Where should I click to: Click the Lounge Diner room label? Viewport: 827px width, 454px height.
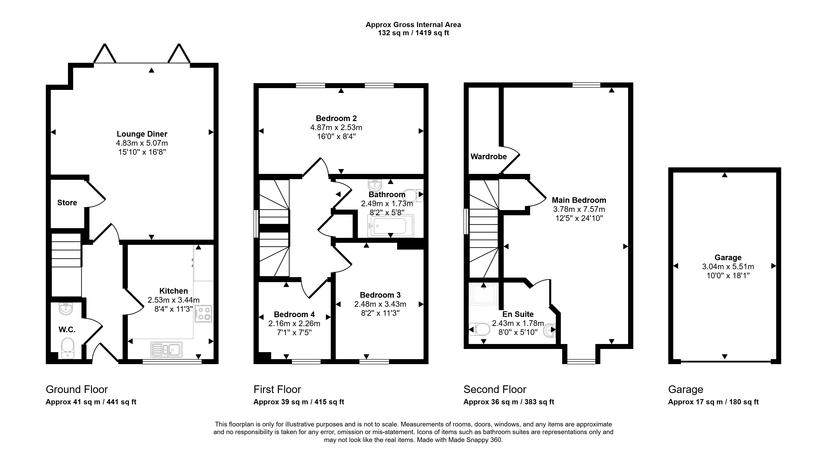tap(142, 134)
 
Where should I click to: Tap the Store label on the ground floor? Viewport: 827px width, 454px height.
tap(67, 203)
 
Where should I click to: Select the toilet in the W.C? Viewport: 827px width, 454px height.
tap(68, 348)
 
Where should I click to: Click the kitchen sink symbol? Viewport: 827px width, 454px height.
tap(166, 349)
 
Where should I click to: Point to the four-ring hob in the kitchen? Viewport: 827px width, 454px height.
tap(203, 314)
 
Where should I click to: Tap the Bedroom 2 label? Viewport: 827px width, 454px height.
tap(336, 119)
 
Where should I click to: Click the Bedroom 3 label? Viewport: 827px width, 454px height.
tap(380, 295)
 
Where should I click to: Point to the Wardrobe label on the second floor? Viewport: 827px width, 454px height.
tap(489, 157)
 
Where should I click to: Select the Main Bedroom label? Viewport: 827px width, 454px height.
tap(579, 200)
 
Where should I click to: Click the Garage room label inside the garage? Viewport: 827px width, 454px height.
tap(728, 257)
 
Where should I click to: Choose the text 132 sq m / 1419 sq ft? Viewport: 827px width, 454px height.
tap(414, 33)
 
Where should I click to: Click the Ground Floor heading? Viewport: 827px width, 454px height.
tap(77, 389)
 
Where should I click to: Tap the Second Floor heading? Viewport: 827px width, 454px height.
tap(495, 389)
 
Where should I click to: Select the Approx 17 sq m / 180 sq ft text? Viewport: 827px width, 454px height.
tap(713, 402)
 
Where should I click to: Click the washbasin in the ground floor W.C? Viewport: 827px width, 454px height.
tap(66, 309)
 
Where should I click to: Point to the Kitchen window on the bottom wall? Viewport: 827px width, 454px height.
tap(172, 362)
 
